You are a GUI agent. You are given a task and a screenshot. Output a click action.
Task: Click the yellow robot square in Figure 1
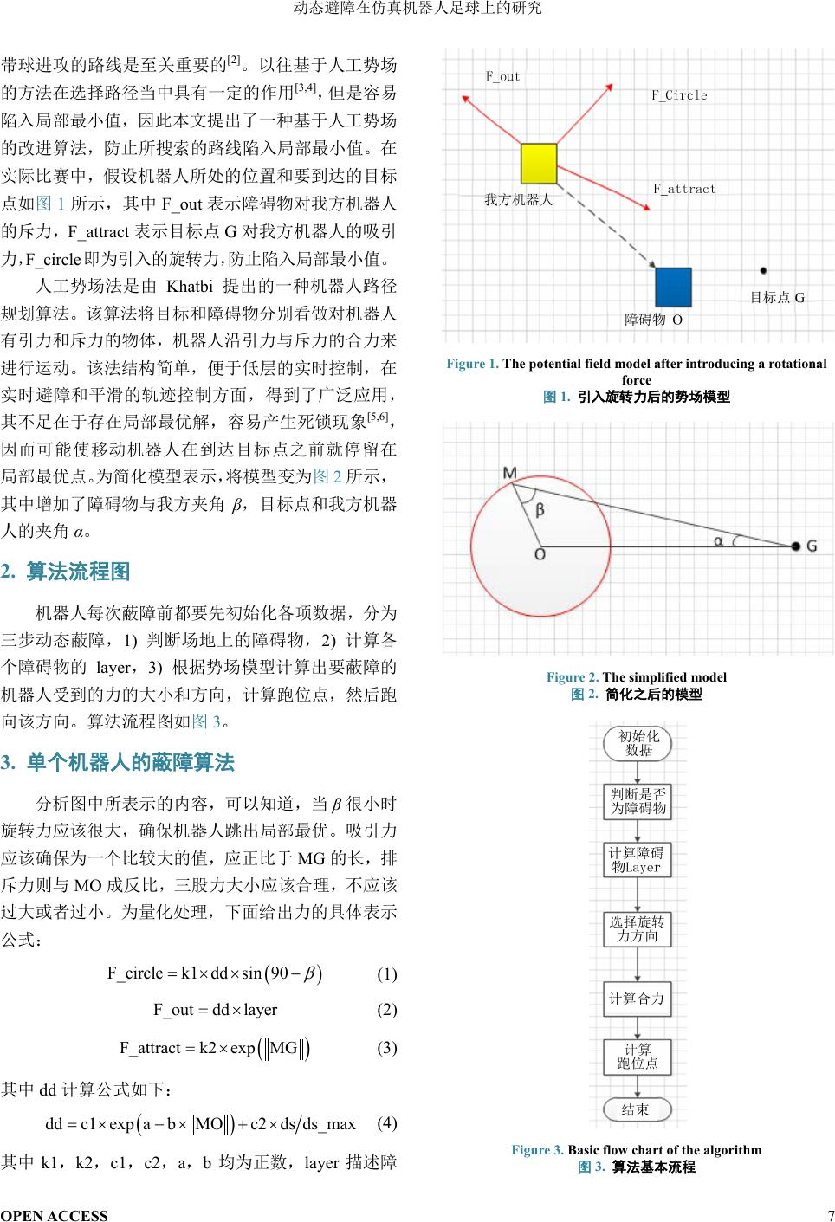point(538,163)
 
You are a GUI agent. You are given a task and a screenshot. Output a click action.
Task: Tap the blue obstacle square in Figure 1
point(673,288)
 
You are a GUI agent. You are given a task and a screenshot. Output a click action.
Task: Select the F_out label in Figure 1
point(502,76)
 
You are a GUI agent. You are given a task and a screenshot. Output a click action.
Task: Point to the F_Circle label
point(679,95)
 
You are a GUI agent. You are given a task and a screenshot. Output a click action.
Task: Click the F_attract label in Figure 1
point(684,189)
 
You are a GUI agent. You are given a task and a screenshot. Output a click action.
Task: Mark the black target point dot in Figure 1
point(763,271)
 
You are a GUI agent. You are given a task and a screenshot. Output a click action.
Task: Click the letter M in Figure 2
point(509,473)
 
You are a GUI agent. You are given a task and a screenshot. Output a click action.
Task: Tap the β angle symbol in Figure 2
point(540,510)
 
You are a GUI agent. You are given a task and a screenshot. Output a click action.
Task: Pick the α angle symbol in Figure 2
point(718,541)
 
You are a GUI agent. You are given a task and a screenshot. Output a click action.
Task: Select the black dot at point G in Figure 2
point(795,546)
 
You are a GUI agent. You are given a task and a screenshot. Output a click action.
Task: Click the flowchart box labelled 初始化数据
point(638,743)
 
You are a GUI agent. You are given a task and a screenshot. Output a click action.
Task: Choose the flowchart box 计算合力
point(637,999)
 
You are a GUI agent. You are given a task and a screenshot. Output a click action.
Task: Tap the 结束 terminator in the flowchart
point(637,1109)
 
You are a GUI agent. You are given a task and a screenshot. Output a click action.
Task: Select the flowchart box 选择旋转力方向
point(637,928)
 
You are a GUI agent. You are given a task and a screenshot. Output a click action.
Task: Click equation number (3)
point(386,1048)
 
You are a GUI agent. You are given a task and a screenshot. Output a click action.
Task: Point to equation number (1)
point(386,973)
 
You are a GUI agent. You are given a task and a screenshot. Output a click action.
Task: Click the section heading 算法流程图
point(78,572)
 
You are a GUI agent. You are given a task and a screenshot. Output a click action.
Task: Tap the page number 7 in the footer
point(831,1214)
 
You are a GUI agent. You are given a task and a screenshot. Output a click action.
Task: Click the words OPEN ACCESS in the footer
point(55,1215)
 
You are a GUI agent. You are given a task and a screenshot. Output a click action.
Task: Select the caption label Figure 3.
point(537,1150)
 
